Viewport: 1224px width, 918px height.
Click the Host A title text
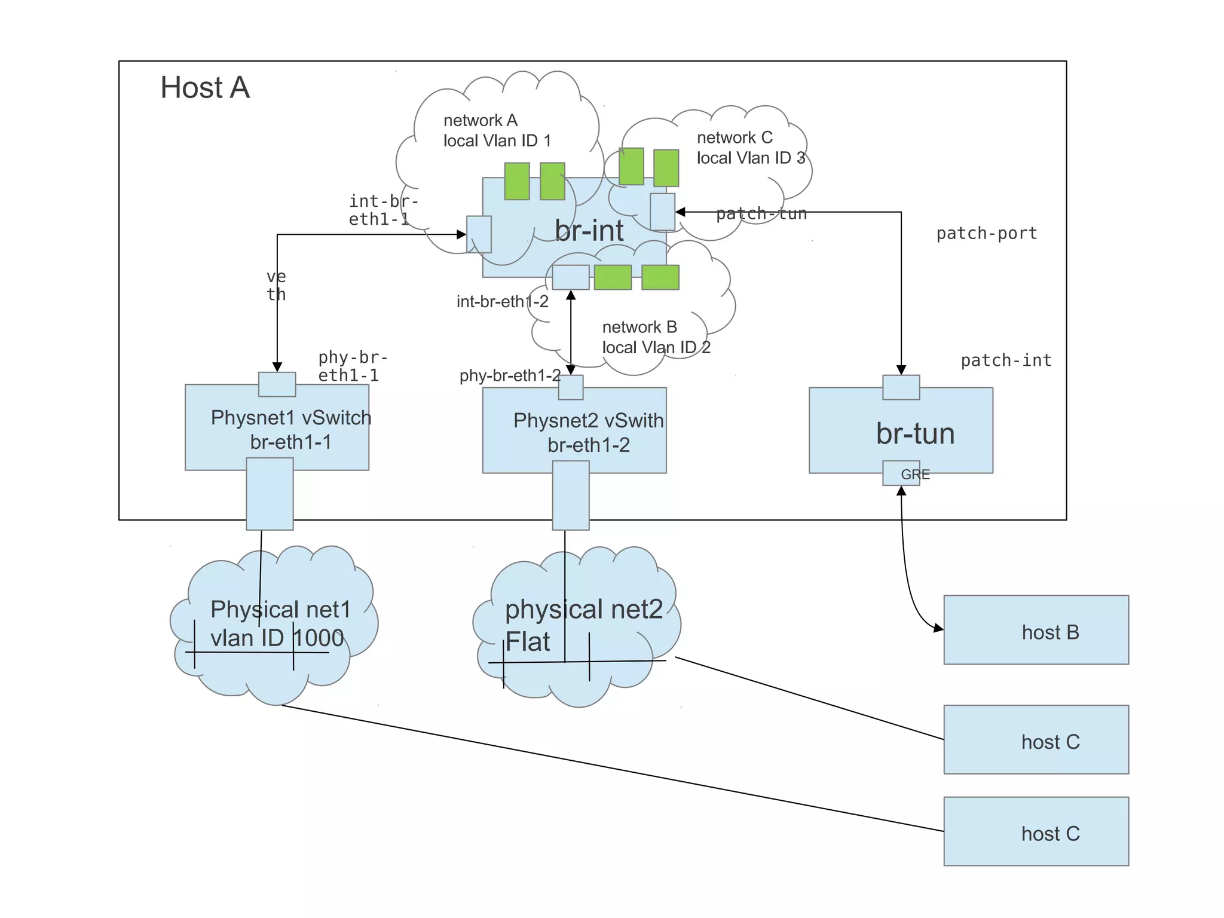(x=204, y=87)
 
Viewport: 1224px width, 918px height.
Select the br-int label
(x=589, y=231)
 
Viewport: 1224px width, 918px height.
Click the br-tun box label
(x=915, y=433)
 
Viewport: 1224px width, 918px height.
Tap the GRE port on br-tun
(x=901, y=474)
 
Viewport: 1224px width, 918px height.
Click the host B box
(x=1036, y=630)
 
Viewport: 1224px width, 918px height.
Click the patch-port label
(x=986, y=234)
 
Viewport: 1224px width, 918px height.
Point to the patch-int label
(x=1006, y=360)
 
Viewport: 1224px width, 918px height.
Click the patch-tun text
(x=761, y=214)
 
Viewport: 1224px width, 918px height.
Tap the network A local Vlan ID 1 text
(x=497, y=130)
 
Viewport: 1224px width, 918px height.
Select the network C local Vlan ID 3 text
(x=751, y=148)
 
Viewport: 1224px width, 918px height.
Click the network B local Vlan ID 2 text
(x=656, y=337)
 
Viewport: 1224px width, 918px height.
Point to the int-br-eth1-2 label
(x=502, y=302)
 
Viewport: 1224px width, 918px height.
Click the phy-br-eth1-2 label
(x=509, y=375)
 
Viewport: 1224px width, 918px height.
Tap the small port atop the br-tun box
(x=901, y=387)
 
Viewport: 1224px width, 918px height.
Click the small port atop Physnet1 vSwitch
(x=277, y=384)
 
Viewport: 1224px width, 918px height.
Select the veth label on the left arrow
(x=276, y=286)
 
